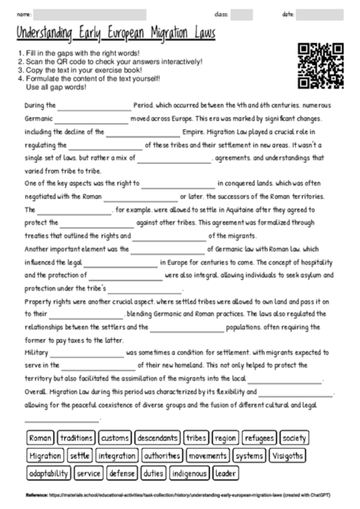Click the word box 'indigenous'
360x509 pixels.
point(189,473)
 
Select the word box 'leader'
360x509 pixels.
point(225,473)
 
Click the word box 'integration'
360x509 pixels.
point(117,455)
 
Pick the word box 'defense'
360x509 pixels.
point(122,473)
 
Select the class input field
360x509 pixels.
point(242,15)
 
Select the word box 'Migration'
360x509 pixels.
point(45,455)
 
